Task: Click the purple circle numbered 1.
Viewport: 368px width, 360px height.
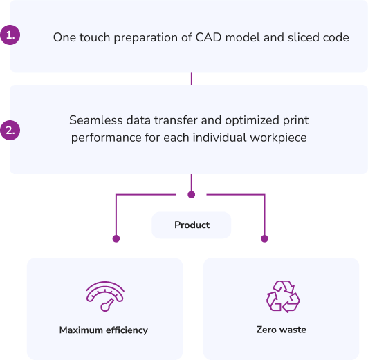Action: pos(10,35)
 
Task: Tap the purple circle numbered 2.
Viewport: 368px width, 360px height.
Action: pos(10,131)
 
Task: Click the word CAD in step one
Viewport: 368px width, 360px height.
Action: pos(208,37)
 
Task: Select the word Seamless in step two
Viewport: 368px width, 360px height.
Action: pos(96,120)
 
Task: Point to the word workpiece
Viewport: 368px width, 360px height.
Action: pos(278,138)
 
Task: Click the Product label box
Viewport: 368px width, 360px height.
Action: pos(192,225)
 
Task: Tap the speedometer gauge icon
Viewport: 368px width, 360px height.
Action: pos(105,296)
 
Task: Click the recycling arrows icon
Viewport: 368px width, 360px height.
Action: pos(283,296)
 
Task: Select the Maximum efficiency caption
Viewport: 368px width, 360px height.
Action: pos(104,330)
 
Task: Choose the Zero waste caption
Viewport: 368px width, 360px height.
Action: pos(281,330)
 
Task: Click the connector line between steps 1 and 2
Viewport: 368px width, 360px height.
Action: pos(192,79)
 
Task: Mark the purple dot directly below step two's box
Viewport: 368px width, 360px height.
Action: pos(192,195)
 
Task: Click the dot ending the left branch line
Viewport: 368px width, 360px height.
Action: pos(116,238)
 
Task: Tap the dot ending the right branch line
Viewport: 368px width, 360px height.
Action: pos(264,238)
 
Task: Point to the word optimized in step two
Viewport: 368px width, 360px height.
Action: pos(252,120)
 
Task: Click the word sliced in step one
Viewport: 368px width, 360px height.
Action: pos(304,37)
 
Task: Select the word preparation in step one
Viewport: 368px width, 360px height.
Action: pos(145,38)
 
